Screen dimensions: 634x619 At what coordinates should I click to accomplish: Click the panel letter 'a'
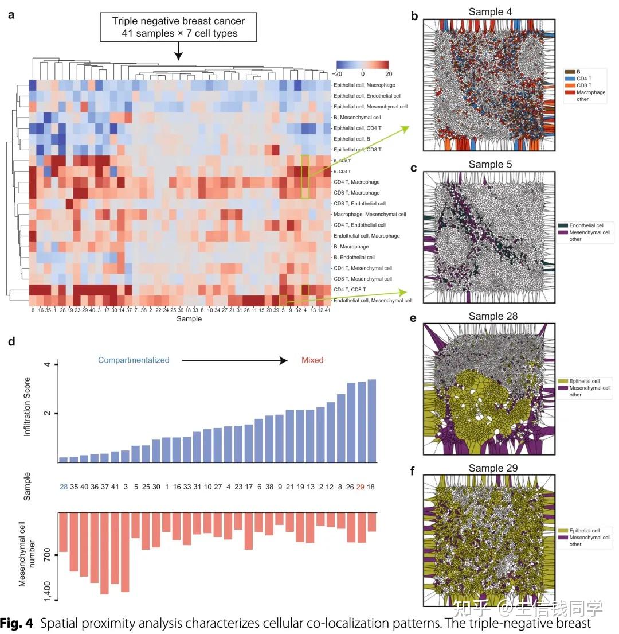pos(11,15)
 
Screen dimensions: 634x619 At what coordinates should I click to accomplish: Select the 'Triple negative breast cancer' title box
pos(178,27)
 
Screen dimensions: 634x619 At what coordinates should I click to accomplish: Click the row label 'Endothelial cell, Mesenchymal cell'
pos(373,300)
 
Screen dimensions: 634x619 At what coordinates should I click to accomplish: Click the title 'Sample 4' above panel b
pos(490,12)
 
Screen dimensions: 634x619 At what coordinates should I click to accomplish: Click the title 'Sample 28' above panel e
pos(493,317)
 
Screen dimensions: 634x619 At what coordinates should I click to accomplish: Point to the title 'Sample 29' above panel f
pos(493,468)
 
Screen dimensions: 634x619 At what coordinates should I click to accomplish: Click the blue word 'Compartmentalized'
pos(134,360)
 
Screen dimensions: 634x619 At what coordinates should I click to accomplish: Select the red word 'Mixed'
pos(312,360)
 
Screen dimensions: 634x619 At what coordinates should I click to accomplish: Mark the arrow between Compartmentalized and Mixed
pos(234,360)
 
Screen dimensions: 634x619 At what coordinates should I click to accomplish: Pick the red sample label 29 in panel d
pos(361,487)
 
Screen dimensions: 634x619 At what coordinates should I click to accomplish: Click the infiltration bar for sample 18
pos(371,421)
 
